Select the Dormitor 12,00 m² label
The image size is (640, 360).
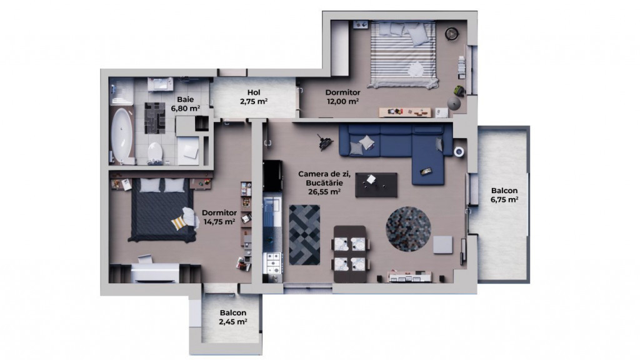[342, 97]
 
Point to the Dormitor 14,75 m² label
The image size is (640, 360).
[218, 216]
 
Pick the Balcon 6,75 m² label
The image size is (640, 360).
[504, 196]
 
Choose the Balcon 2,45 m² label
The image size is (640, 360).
[232, 317]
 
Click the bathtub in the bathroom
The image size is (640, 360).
[122, 136]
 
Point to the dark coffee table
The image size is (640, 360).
[376, 184]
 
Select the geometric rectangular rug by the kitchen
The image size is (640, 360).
[304, 234]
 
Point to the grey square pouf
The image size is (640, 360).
[442, 244]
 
